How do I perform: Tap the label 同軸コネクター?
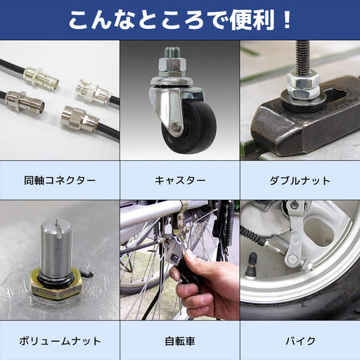(59, 181)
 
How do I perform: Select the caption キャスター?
(179, 181)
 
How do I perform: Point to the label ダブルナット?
(300, 181)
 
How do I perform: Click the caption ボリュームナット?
(59, 341)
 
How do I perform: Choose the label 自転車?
(179, 341)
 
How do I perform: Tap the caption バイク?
(300, 341)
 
